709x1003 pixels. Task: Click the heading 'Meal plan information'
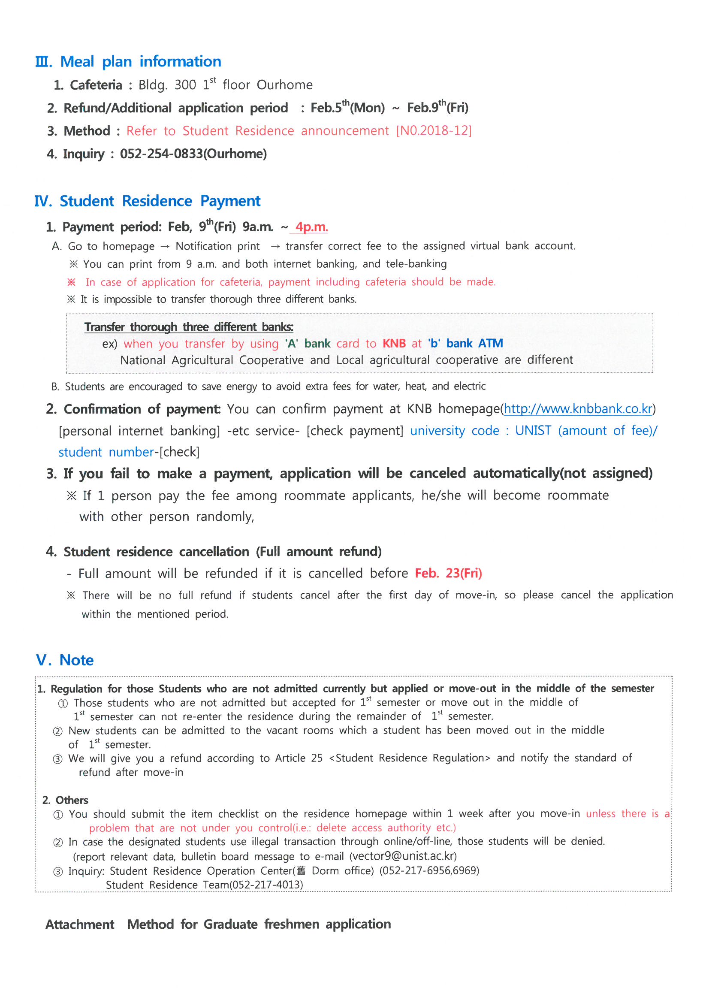point(140,62)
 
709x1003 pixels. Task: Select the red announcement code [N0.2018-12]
point(433,130)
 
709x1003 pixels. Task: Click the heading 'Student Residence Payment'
point(160,201)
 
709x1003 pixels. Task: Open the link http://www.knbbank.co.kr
point(577,409)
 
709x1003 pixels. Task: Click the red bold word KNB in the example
point(394,344)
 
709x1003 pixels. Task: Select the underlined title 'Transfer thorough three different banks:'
point(189,327)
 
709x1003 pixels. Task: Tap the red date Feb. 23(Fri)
point(448,573)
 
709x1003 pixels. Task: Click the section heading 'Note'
point(76,660)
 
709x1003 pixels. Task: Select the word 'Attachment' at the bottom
point(79,924)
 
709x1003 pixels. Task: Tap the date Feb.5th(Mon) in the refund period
point(347,107)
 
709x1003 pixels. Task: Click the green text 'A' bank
point(308,344)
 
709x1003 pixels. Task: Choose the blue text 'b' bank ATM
point(465,343)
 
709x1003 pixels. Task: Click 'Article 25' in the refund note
point(299,758)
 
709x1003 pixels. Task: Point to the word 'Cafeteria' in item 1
point(96,85)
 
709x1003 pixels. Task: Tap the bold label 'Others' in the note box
point(72,800)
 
